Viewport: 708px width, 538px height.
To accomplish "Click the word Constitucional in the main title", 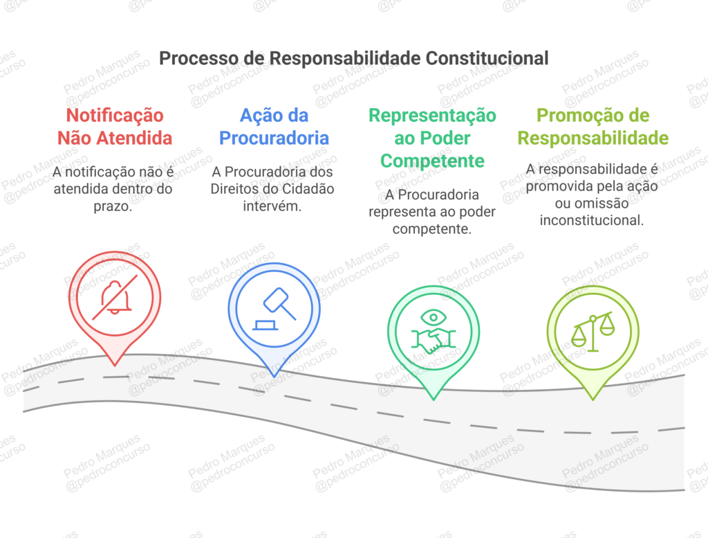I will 487,58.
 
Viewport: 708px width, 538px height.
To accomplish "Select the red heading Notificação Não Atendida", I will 115,127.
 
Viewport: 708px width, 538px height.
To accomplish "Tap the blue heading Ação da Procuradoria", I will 274,127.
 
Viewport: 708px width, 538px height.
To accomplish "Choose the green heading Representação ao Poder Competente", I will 432,138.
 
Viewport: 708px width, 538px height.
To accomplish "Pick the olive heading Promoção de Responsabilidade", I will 593,127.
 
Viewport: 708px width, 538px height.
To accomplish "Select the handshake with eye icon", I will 433,332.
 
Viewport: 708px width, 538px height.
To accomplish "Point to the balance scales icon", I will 593,332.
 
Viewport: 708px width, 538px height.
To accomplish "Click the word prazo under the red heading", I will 115,206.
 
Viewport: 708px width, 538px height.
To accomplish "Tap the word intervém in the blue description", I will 274,206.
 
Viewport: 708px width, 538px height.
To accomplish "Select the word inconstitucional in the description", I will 592,220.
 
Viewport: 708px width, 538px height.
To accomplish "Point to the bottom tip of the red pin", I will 115,364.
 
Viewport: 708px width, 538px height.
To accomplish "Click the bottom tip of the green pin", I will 433,399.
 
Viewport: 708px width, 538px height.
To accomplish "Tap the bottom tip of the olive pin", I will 593,399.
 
